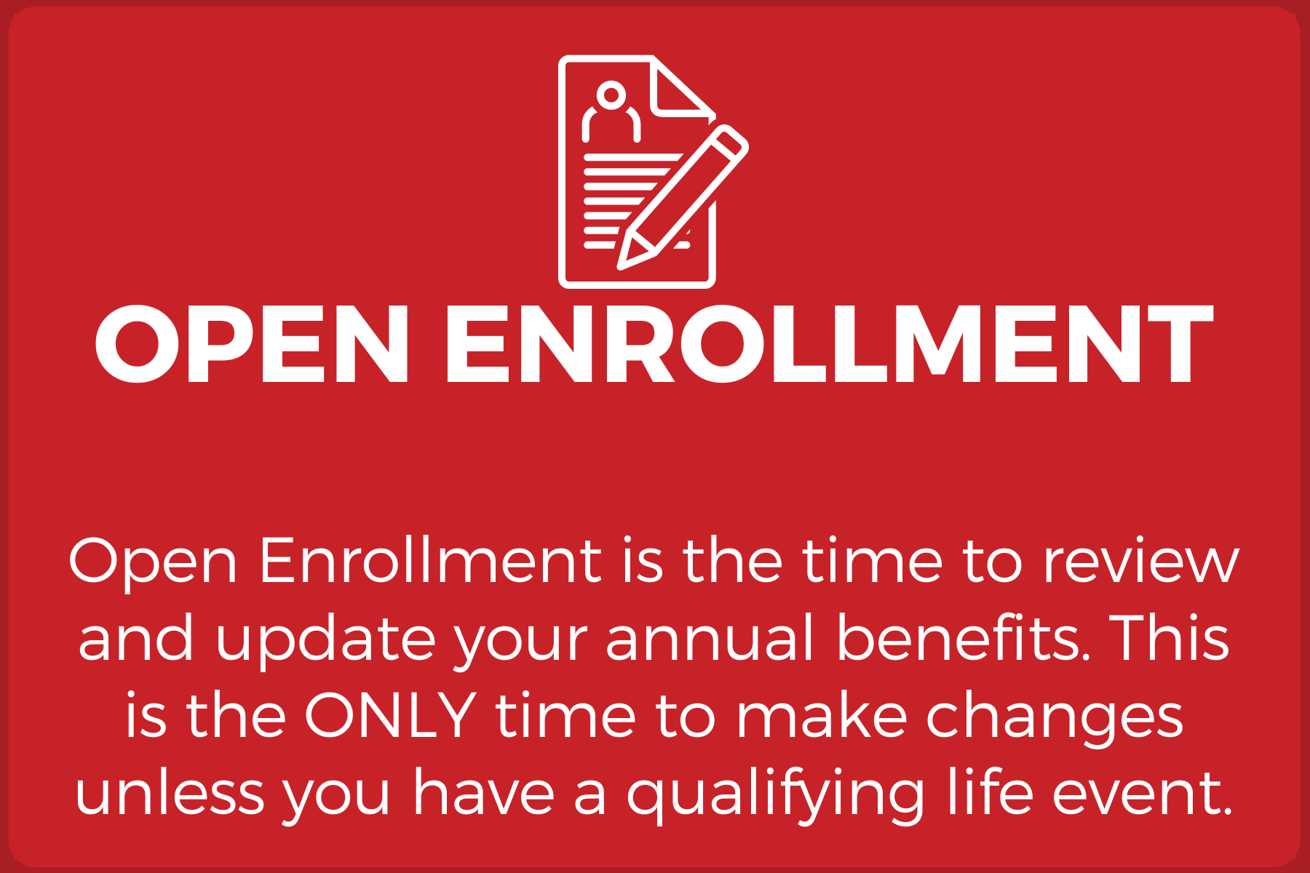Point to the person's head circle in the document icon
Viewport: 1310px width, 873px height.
(611, 95)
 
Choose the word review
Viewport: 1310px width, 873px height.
(1141, 562)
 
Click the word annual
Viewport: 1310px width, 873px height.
(709, 638)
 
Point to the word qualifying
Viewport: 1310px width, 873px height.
(776, 795)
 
